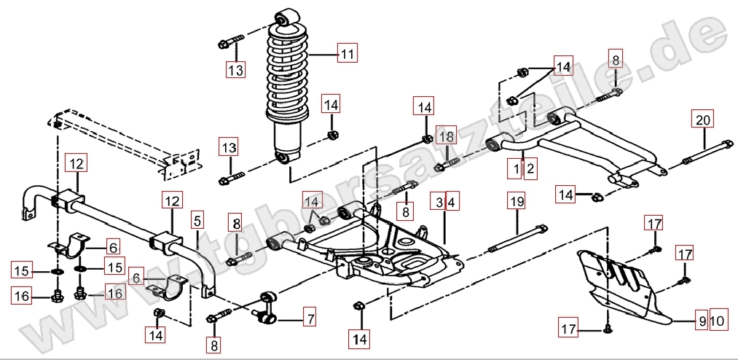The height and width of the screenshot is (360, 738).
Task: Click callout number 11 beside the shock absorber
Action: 348,54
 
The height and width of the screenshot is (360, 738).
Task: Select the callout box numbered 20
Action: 703,120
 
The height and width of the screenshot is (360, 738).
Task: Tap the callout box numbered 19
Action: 517,200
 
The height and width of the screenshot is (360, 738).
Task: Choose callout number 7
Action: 310,318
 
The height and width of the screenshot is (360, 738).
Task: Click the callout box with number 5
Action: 197,219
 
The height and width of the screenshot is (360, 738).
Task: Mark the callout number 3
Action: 440,200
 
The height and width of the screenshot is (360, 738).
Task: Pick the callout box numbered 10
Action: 717,320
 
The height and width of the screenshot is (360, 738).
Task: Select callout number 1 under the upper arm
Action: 517,169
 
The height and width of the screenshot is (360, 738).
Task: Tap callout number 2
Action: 530,169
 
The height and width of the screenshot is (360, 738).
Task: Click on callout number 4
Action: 452,200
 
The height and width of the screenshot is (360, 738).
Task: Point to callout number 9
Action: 702,320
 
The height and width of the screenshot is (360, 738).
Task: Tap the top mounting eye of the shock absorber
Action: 285,16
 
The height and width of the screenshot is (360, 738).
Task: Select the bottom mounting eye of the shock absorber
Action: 284,157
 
